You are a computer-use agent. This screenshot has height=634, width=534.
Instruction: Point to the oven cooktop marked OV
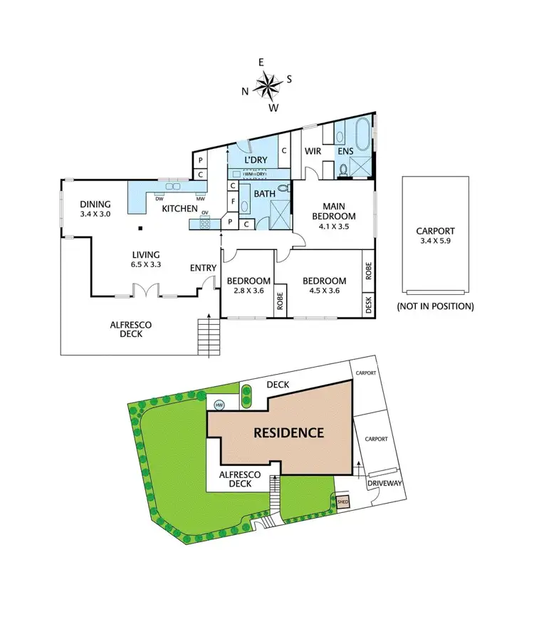[204, 223]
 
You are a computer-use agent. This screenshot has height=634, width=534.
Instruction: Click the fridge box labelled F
[233, 202]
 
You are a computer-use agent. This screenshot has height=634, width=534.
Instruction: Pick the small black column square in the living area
[140, 229]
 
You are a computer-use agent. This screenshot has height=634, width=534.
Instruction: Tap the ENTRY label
[202, 268]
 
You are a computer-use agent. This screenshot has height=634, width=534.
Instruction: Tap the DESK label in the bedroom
[368, 305]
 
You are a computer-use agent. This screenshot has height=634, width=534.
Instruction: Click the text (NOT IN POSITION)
[435, 307]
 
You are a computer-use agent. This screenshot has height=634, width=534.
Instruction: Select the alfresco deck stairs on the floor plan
[209, 336]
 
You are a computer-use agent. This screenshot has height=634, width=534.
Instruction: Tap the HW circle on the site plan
[219, 405]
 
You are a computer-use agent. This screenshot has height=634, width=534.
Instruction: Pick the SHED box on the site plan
[343, 502]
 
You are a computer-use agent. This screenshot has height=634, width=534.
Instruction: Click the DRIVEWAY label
[385, 484]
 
